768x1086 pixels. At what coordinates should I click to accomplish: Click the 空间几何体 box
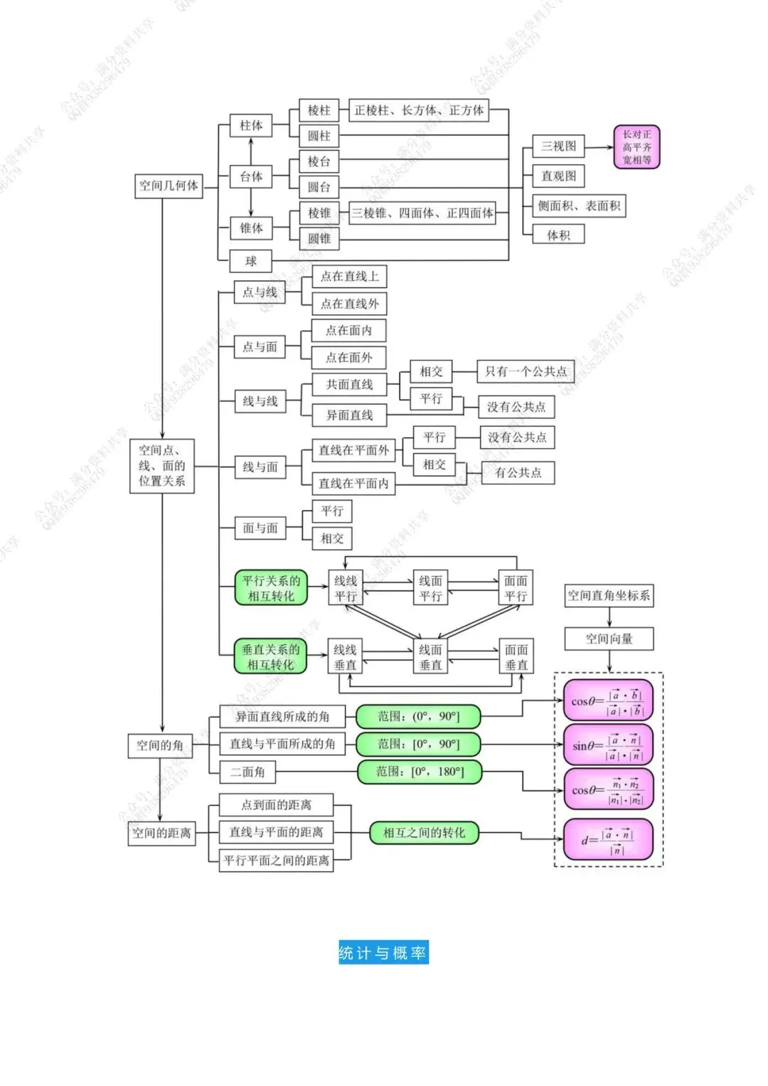[x=169, y=186]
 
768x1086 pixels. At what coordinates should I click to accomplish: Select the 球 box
[x=251, y=261]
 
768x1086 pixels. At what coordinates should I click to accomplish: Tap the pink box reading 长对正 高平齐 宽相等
[x=636, y=147]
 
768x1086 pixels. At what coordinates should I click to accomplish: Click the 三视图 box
[x=558, y=146]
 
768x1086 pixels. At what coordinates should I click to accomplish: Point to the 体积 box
[x=558, y=235]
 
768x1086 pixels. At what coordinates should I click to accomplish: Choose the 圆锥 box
[x=319, y=238]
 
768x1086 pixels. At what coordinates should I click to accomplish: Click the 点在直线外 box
[x=349, y=304]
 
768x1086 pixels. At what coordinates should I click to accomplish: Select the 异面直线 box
[x=349, y=415]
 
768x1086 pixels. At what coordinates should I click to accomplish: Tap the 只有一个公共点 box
[x=526, y=371]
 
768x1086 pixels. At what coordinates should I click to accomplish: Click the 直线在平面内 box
[x=353, y=484]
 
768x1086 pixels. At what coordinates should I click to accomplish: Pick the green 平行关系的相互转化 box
[x=271, y=588]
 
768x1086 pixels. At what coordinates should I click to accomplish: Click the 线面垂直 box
[x=430, y=657]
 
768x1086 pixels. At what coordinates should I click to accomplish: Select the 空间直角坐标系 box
[x=609, y=595]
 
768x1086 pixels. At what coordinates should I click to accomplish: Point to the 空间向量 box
[x=609, y=639]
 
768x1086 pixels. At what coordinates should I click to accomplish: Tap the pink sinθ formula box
[x=608, y=745]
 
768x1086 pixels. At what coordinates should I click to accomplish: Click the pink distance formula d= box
[x=608, y=840]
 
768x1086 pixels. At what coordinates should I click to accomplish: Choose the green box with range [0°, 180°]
[x=420, y=772]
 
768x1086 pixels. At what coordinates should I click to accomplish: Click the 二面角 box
[x=247, y=772]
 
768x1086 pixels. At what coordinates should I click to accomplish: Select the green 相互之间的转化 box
[x=424, y=833]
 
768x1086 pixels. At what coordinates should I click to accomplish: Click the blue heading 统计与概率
[x=383, y=953]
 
